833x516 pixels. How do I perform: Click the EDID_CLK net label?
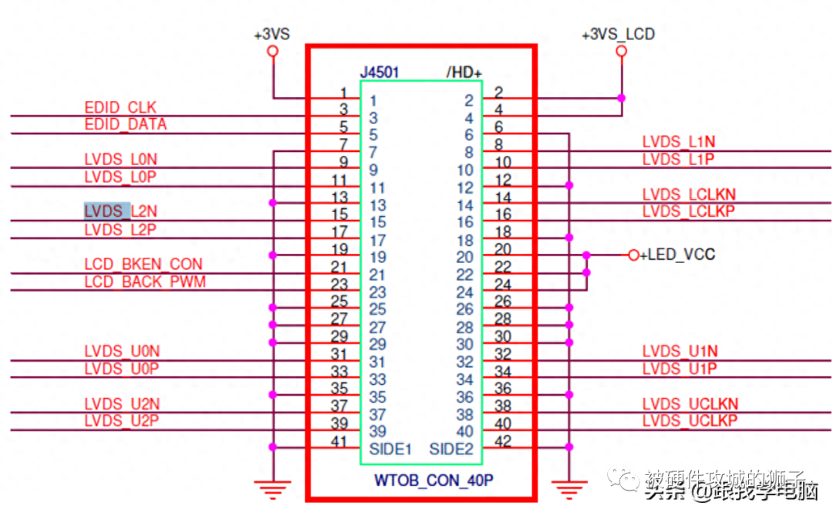[x=120, y=106]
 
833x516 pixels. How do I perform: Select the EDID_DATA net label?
[x=126, y=124]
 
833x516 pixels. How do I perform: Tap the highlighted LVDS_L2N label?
[x=120, y=211]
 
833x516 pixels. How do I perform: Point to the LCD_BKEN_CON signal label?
[x=143, y=265]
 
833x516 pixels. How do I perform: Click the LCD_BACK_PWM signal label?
[x=145, y=282]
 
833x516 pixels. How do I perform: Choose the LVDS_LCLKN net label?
[x=689, y=194]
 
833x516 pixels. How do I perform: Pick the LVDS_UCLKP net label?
[x=690, y=420]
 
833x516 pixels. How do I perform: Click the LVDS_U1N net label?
[x=680, y=352]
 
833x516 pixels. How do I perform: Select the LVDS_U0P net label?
[x=122, y=369]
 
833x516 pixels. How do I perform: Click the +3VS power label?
[x=271, y=35]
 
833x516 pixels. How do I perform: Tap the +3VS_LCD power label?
[x=619, y=35]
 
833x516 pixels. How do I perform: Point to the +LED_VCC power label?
[x=678, y=255]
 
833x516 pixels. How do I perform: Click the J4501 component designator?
[x=379, y=73]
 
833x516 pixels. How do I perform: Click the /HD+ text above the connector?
[x=464, y=73]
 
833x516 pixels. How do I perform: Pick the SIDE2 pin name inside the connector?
[x=451, y=449]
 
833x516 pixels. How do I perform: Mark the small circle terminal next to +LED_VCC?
[x=633, y=255]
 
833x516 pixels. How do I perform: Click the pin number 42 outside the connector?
[x=503, y=440]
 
